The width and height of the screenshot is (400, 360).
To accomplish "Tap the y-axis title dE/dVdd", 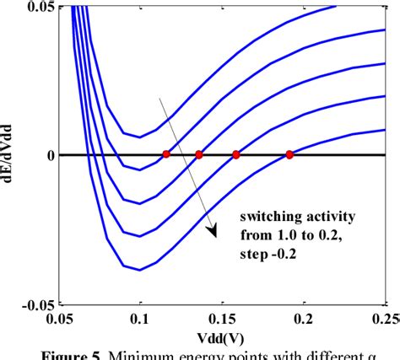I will pyautogui.click(x=10, y=156).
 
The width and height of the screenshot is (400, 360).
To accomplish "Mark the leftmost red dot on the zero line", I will pyautogui.click(x=166, y=154).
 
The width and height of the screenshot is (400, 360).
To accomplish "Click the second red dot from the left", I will pyautogui.click(x=199, y=154).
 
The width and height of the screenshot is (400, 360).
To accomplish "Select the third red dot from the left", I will pyautogui.click(x=236, y=154).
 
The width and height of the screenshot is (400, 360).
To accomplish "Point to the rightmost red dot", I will pyautogui.click(x=289, y=154).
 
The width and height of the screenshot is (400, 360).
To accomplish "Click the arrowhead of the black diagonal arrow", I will pyautogui.click(x=212, y=230).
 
